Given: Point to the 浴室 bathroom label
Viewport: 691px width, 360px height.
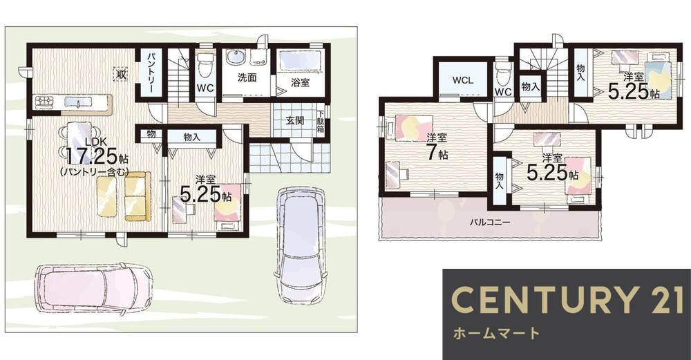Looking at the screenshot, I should coord(299,82).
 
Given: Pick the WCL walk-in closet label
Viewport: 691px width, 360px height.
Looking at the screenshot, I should coord(462,80).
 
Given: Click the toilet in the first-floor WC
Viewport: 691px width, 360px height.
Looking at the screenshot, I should coord(203,67).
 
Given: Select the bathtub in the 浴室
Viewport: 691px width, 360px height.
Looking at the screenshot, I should coord(299,62).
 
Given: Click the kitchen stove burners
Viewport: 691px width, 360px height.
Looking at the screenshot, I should coord(44,103).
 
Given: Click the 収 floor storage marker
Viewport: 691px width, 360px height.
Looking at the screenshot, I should coord(121,74).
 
